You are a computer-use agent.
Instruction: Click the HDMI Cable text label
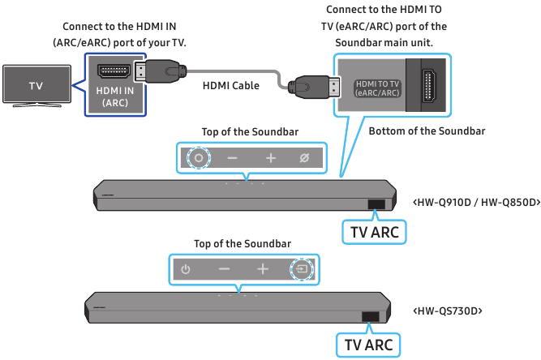click(x=230, y=84)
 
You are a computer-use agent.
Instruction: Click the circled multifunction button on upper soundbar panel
click(x=197, y=157)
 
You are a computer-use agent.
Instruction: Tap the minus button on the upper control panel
click(x=233, y=157)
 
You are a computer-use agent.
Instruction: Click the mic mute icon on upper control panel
click(x=304, y=157)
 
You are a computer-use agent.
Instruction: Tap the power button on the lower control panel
click(x=185, y=268)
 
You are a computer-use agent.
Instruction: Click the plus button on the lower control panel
click(x=263, y=268)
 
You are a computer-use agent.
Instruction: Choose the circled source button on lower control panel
click(x=301, y=268)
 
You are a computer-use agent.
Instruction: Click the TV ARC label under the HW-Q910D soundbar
click(x=373, y=233)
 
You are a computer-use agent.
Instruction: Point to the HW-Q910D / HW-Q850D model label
click(x=476, y=200)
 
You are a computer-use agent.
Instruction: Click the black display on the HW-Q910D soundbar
click(x=376, y=205)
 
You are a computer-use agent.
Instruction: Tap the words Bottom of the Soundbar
click(x=427, y=131)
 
